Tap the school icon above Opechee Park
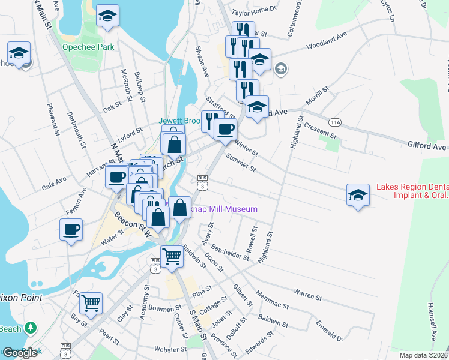[x=107, y=16]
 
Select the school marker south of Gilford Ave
[x=358, y=195]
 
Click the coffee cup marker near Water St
[x=71, y=229]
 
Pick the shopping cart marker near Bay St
[x=91, y=303]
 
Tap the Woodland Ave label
[x=327, y=41]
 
